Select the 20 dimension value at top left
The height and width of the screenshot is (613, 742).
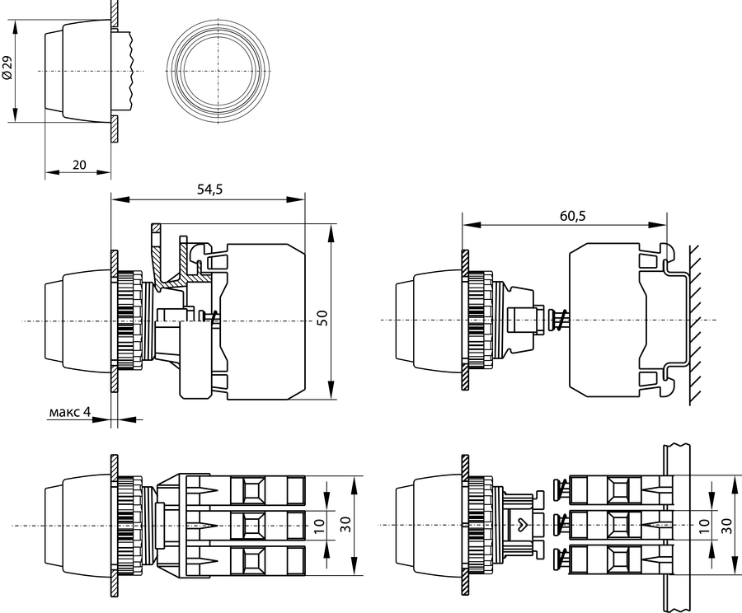79,164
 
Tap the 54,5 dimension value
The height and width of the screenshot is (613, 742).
209,190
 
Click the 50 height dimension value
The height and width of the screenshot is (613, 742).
322,317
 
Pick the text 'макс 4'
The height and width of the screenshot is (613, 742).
70,411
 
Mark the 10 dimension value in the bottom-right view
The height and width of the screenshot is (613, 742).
704,525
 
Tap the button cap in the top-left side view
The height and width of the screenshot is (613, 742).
74,71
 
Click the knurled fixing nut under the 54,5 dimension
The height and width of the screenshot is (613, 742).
129,320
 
